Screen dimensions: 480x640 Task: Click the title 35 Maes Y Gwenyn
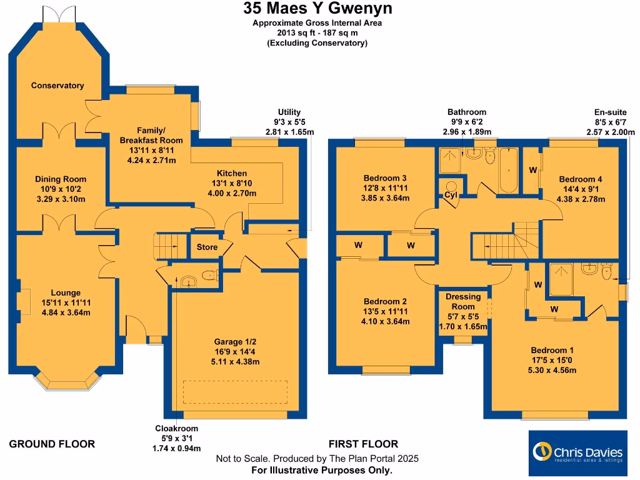(x=317, y=9)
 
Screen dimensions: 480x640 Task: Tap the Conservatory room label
(x=57, y=86)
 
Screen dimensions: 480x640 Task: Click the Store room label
(x=207, y=247)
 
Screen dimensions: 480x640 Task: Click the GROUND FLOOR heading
(x=52, y=444)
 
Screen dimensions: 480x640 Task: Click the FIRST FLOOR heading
(x=363, y=444)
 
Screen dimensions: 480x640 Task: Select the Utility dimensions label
(x=289, y=122)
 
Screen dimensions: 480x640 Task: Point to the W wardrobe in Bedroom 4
(x=532, y=169)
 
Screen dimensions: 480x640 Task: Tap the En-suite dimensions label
(x=611, y=122)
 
